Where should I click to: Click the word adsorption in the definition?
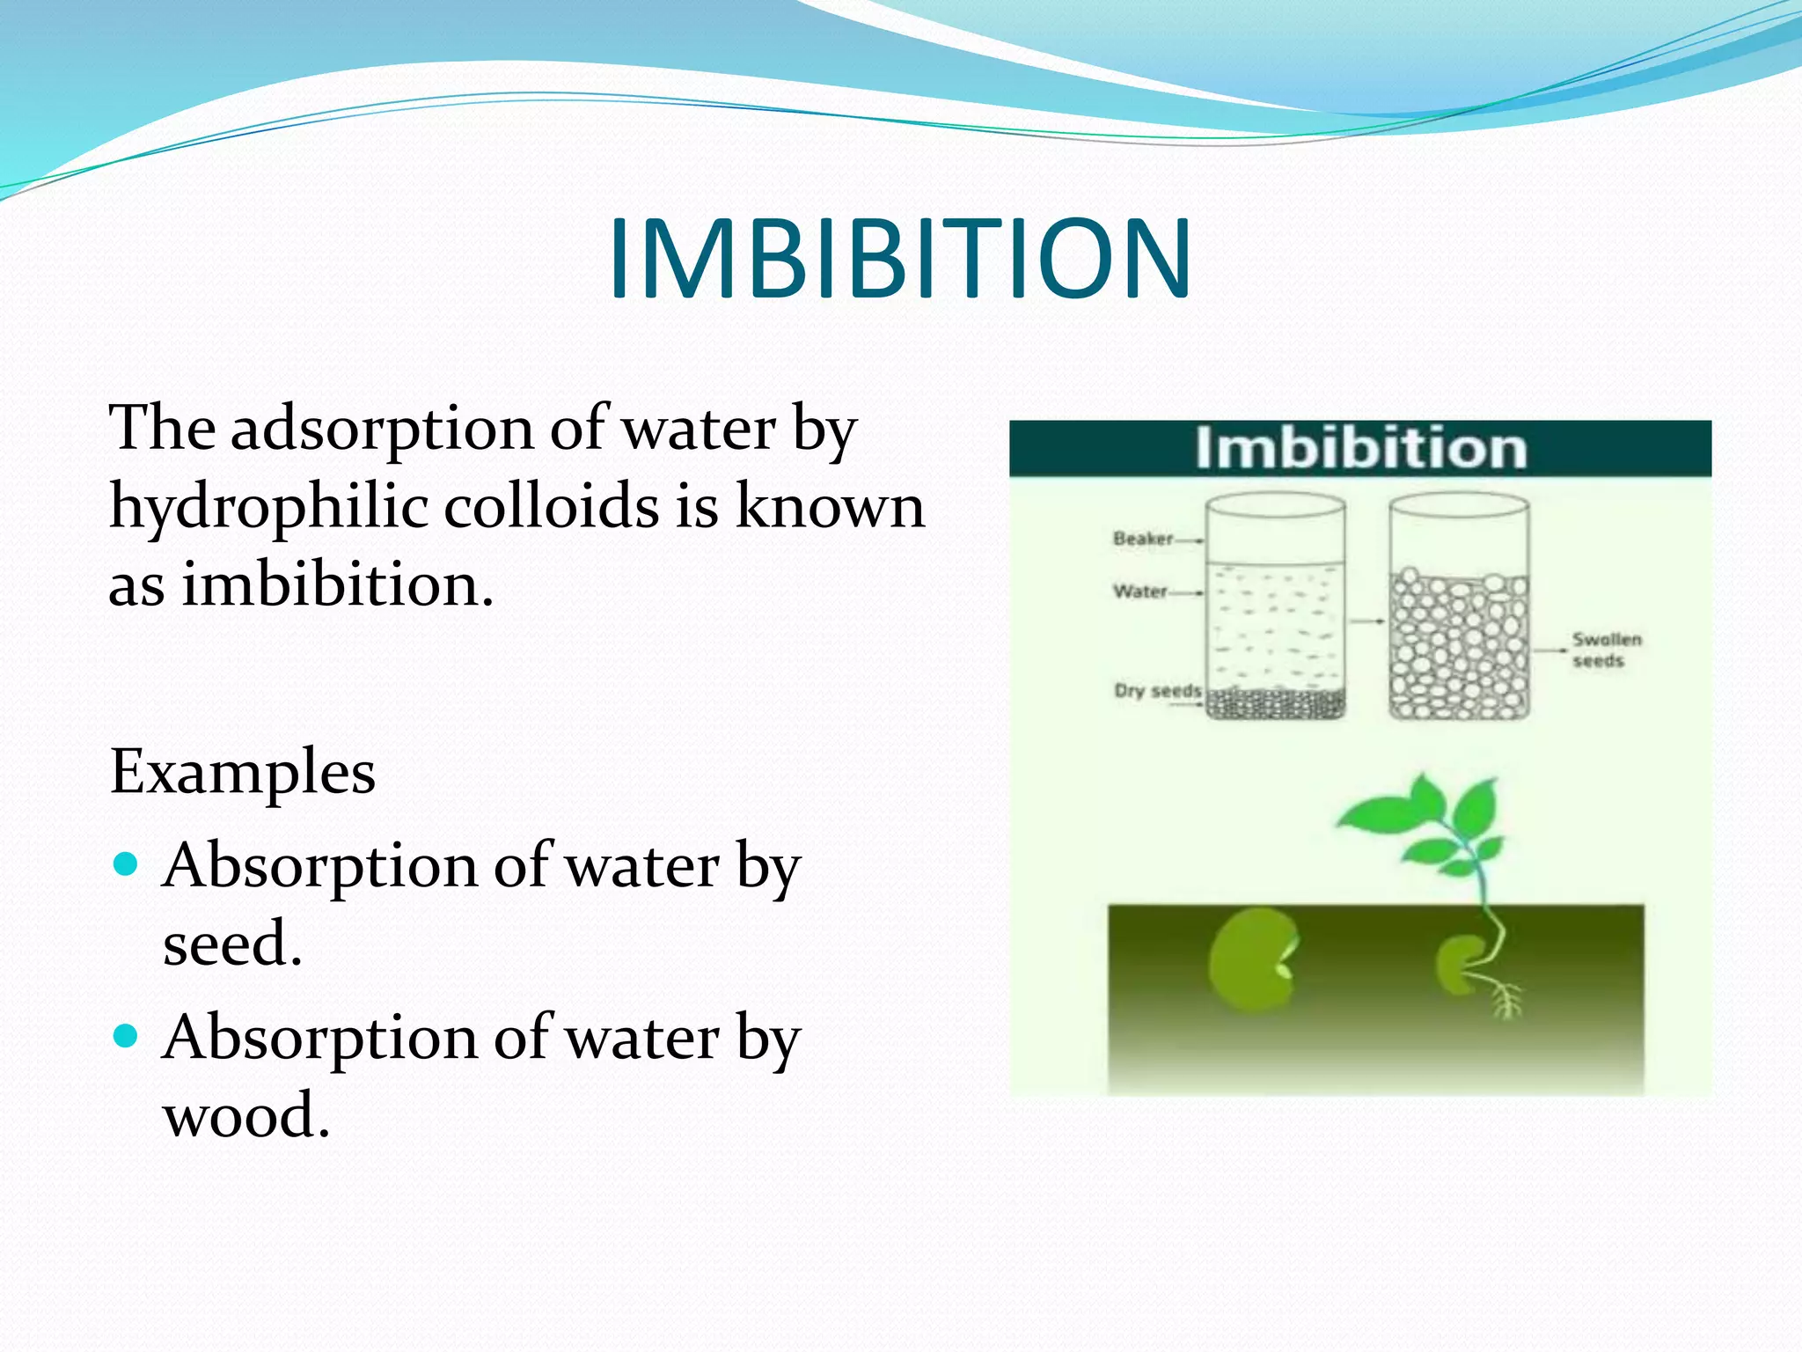381,429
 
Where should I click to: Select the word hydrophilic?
267,507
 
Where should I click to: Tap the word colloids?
551,507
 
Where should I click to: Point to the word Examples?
243,772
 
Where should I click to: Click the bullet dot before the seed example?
127,863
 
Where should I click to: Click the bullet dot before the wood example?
127,1035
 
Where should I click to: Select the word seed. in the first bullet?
232,943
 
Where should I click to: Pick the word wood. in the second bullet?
246,1114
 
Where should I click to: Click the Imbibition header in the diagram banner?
1359,449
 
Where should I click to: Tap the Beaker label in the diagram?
1143,539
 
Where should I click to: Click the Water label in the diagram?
1140,591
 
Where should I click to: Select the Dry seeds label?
1157,690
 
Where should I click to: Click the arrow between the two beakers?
1366,621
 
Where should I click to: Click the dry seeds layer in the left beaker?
1275,704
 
